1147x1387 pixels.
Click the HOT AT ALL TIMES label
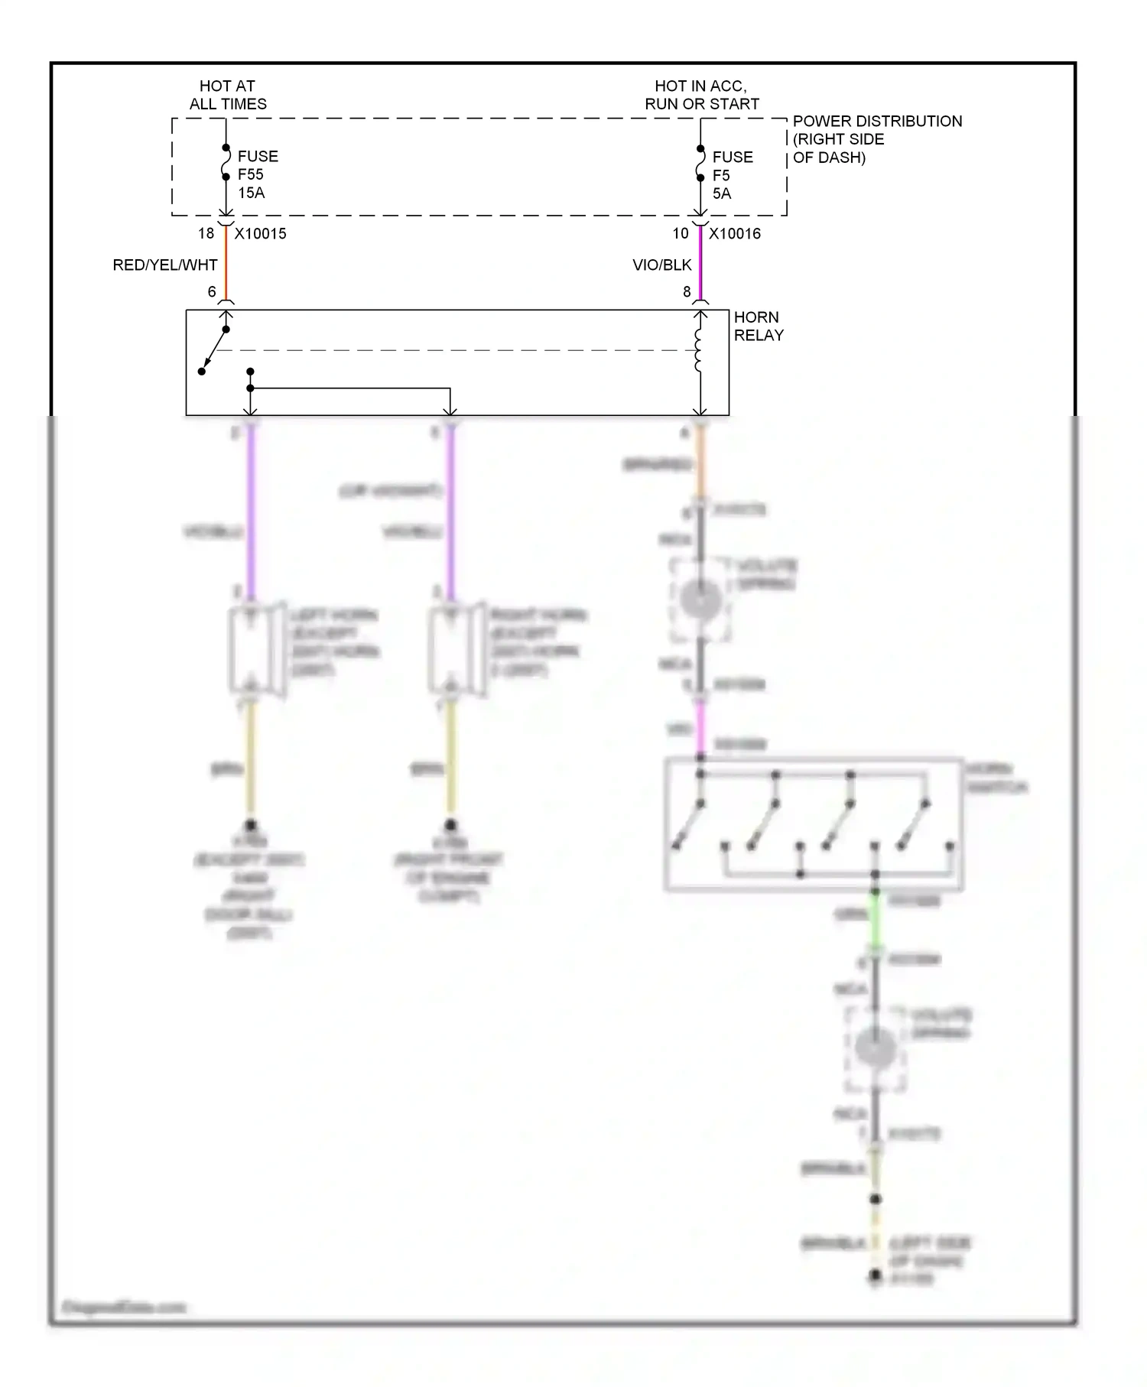(228, 95)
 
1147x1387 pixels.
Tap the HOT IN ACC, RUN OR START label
(701, 95)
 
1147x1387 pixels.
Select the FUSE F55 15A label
(257, 174)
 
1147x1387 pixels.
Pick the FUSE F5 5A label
(732, 175)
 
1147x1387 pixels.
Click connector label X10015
(261, 234)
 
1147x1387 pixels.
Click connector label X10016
(735, 234)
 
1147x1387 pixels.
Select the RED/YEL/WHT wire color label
(165, 265)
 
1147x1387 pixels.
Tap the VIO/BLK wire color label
(662, 265)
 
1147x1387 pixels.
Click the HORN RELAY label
(758, 326)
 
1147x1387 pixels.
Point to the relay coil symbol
(698, 350)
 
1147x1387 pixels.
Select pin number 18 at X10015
(206, 233)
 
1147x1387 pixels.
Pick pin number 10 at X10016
(681, 233)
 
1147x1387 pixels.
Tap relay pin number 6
(212, 291)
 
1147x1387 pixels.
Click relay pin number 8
(687, 291)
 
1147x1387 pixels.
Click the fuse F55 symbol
(226, 162)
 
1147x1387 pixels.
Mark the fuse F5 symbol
(700, 163)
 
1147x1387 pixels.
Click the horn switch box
(814, 824)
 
